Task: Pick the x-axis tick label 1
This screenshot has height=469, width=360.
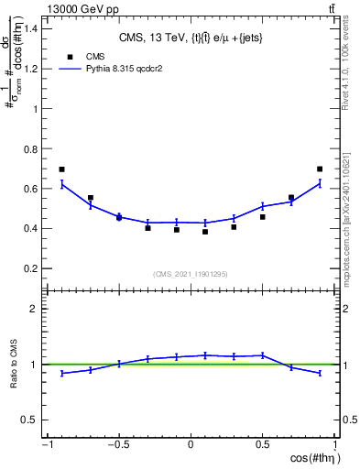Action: point(335,446)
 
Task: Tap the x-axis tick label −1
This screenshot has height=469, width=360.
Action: point(45,446)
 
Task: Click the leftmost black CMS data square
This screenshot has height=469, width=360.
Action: point(61,169)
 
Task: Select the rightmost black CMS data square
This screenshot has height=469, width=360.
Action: point(320,169)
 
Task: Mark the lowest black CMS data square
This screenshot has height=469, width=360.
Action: point(205,232)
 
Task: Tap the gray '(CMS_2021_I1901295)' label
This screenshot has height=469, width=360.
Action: point(191,273)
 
